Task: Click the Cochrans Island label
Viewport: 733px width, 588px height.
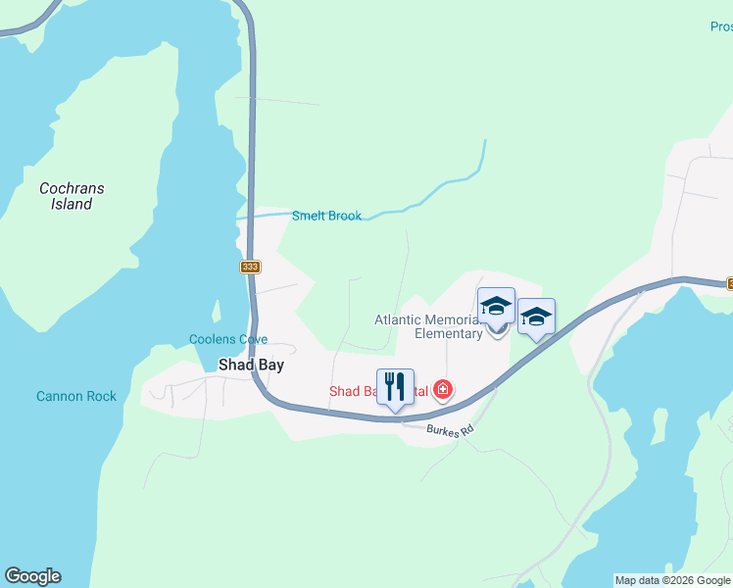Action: [72, 196]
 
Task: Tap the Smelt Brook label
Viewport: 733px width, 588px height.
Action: [326, 216]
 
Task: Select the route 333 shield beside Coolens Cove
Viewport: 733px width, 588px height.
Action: [251, 267]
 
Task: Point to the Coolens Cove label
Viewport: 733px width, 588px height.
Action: [228, 340]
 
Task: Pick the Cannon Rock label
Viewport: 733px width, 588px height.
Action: [76, 396]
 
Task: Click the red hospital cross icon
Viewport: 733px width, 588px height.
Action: [443, 390]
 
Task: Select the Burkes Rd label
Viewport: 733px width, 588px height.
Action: [451, 430]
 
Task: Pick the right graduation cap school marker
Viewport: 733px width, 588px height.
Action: [536, 317]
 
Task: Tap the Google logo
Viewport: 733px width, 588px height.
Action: [32, 576]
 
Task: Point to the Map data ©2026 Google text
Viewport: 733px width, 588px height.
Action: [672, 580]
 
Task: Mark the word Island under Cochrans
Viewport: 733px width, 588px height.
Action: [72, 205]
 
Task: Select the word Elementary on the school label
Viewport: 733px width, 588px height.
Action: [449, 333]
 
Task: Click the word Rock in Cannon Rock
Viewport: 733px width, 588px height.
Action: [101, 396]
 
